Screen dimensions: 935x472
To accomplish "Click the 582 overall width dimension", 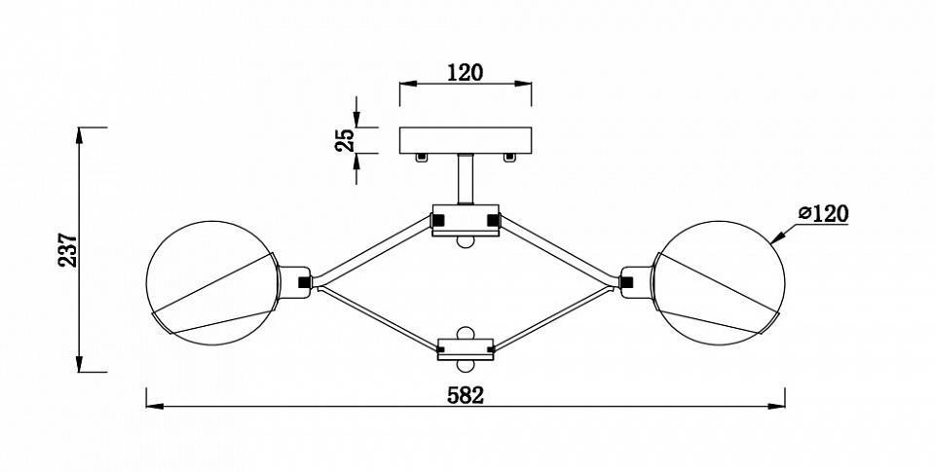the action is (x=466, y=396).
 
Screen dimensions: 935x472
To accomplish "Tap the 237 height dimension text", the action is (x=68, y=250).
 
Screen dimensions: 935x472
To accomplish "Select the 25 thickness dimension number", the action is (x=345, y=140).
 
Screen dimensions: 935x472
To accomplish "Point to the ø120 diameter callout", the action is (x=824, y=213).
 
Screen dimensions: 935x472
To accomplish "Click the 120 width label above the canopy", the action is (x=466, y=73).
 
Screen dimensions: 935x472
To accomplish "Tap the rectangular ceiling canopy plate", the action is (x=466, y=140).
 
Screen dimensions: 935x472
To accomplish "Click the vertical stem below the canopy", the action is (x=466, y=179).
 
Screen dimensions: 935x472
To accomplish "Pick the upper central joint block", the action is (x=466, y=221).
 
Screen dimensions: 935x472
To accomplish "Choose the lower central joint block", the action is (x=466, y=349).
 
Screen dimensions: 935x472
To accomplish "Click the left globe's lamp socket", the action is (x=294, y=282).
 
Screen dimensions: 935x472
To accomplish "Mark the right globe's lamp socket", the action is (x=636, y=282).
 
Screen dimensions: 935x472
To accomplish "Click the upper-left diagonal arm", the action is (x=373, y=250).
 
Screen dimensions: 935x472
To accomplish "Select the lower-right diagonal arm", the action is (x=554, y=319).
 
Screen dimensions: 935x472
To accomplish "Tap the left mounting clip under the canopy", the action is (x=422, y=158).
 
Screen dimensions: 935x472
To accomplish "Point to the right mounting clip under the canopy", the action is (x=508, y=158).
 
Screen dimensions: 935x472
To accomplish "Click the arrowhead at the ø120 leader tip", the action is (x=775, y=239).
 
